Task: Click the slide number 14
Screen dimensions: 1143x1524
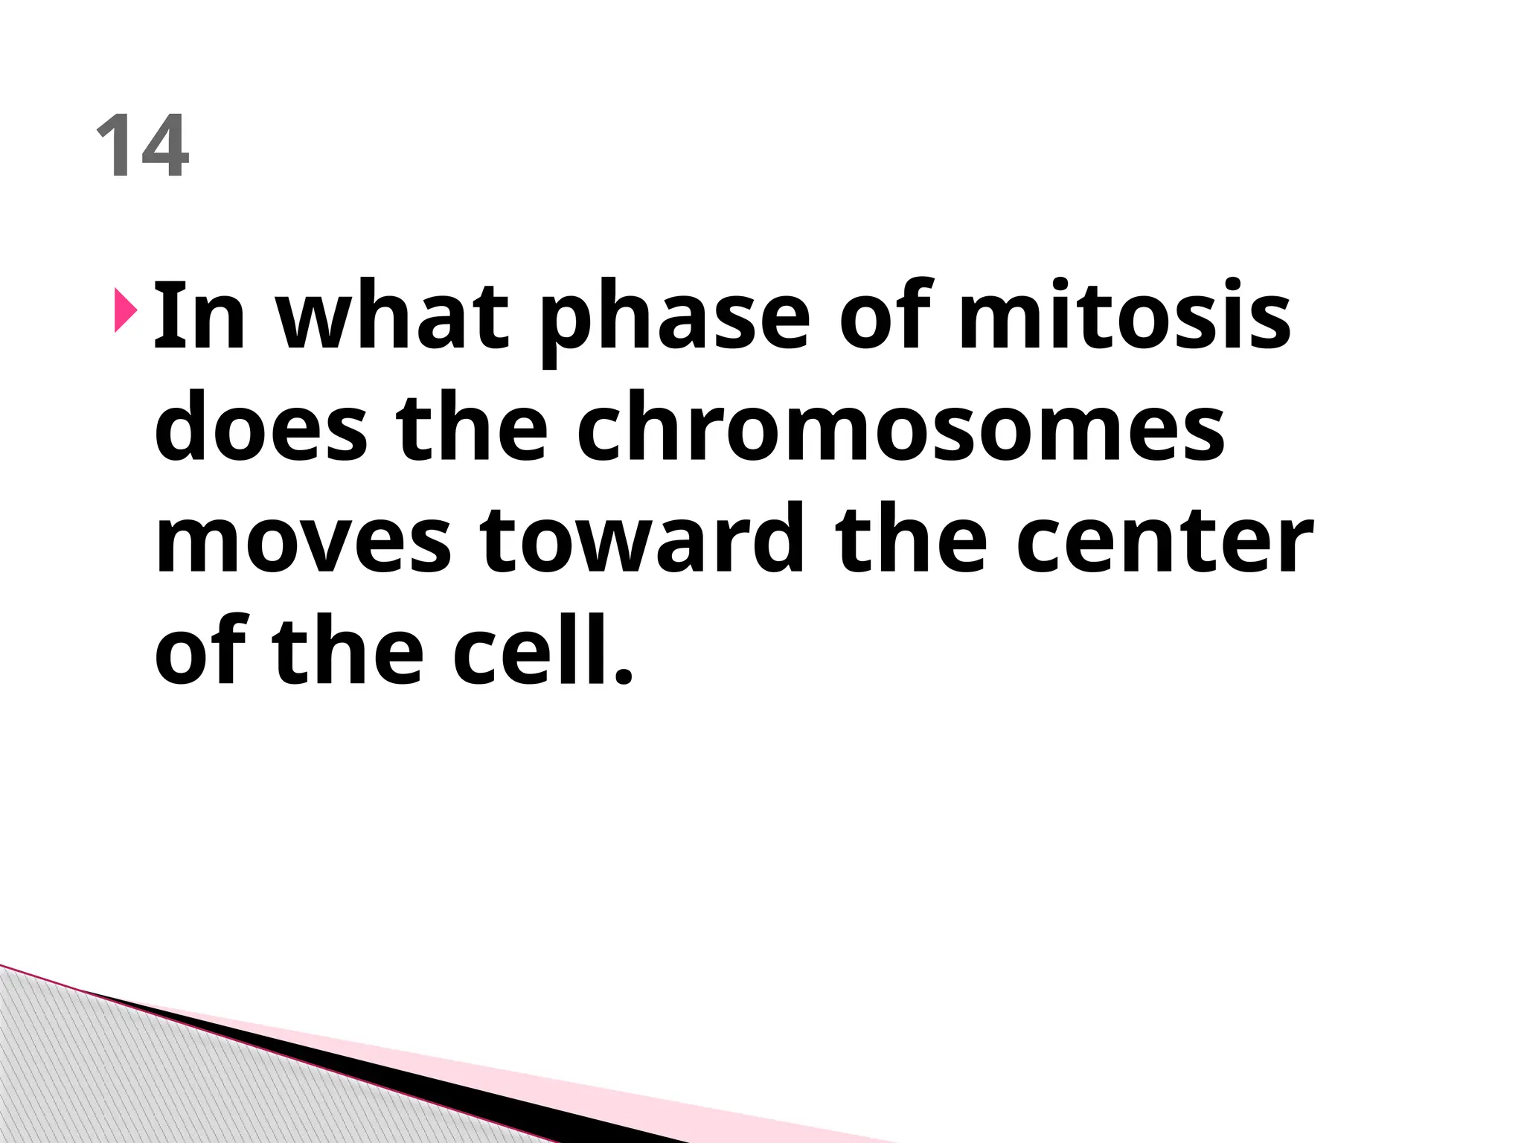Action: (143, 147)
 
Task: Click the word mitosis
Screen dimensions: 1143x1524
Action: (1124, 316)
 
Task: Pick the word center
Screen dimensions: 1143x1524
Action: (1164, 541)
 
